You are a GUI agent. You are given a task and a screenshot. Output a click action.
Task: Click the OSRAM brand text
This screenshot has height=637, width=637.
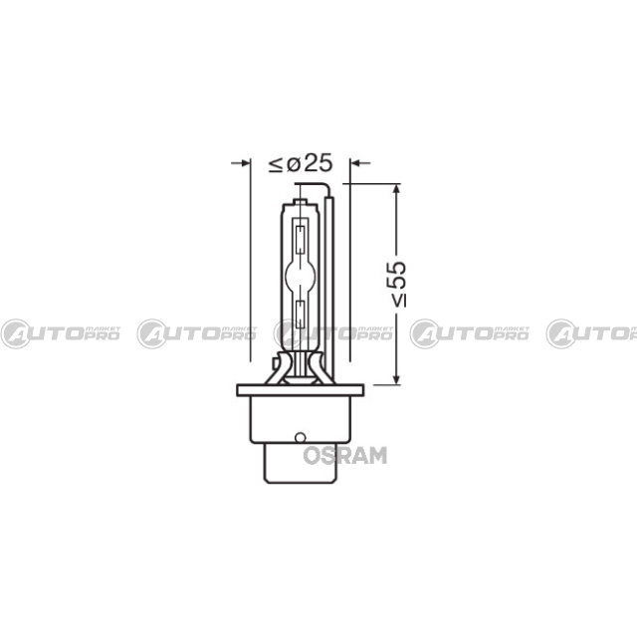tap(344, 455)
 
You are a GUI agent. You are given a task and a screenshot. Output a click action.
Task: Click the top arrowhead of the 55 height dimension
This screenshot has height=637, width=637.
tap(397, 189)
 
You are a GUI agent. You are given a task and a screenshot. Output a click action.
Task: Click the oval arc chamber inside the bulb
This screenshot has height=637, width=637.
tap(302, 271)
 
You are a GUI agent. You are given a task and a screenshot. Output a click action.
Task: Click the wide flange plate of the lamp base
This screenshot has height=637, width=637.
tap(300, 392)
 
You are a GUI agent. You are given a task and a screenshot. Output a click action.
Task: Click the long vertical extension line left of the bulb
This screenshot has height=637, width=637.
tap(249, 269)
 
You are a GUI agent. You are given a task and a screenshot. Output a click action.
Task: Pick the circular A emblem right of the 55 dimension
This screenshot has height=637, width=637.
tap(427, 334)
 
